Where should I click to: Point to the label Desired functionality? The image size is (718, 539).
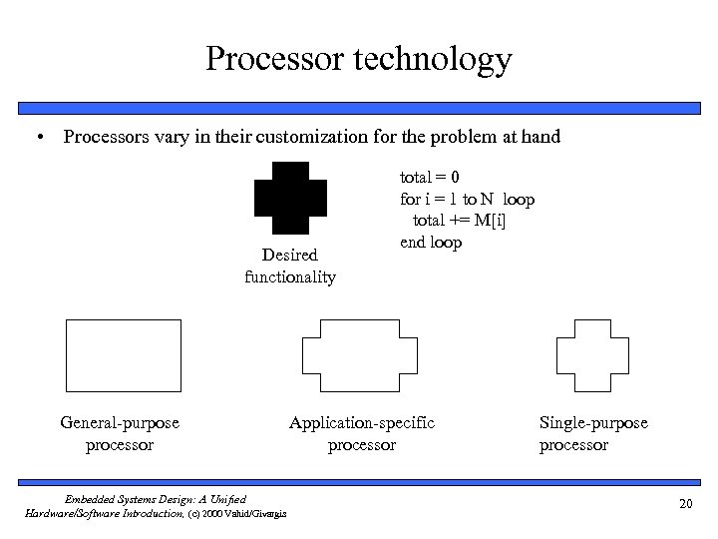pos(290,267)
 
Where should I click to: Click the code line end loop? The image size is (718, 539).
pos(430,243)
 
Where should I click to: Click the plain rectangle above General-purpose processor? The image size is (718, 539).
pos(123,354)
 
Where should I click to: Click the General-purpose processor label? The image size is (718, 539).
pos(120,433)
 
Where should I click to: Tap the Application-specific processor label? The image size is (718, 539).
pos(362,433)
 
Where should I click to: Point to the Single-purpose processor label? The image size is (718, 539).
pos(593,433)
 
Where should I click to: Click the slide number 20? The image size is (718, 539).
pos(684,505)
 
